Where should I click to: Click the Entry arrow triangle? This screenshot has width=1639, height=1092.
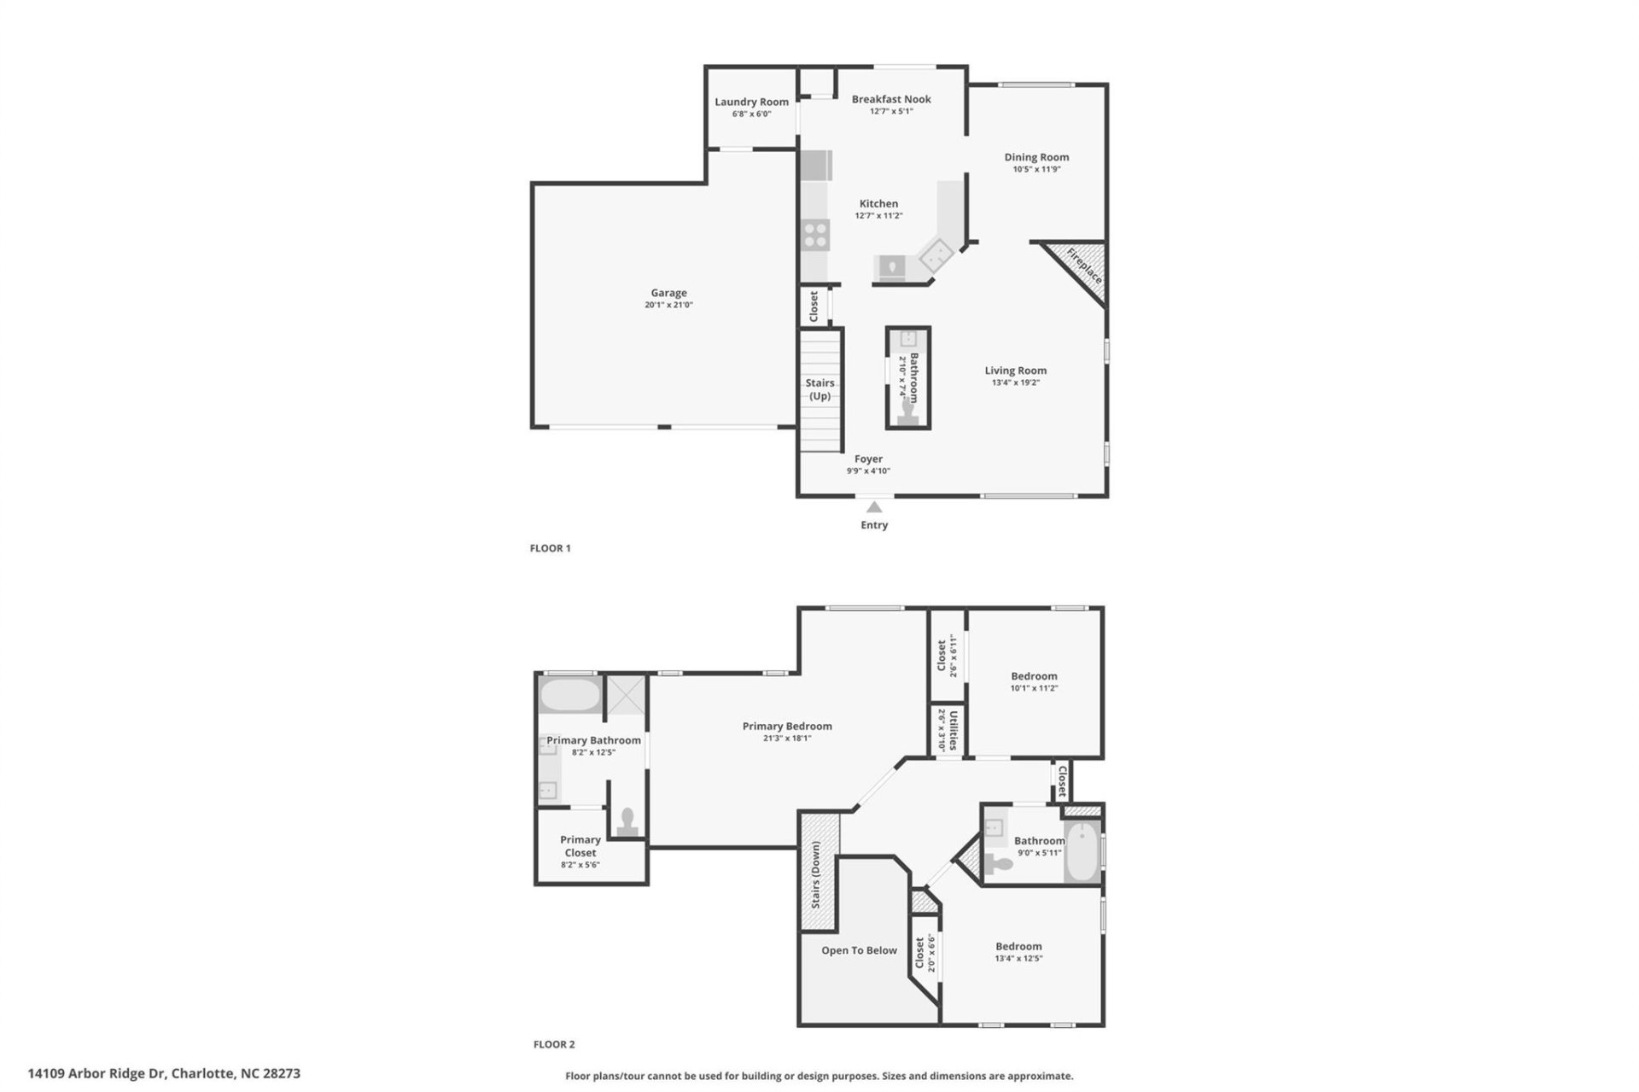pyautogui.click(x=873, y=507)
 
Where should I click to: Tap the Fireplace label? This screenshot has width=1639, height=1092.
pyautogui.click(x=1083, y=266)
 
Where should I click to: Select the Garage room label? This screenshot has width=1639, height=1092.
pyautogui.click(x=668, y=293)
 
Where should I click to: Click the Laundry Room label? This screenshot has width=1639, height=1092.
pyautogui.click(x=751, y=102)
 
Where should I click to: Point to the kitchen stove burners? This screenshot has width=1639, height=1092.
pyautogui.click(x=815, y=234)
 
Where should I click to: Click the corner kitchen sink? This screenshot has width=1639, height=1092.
pyautogui.click(x=935, y=253)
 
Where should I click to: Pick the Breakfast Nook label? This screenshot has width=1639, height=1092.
pyautogui.click(x=891, y=99)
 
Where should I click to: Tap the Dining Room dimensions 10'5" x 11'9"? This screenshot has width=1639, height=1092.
pyautogui.click(x=1036, y=169)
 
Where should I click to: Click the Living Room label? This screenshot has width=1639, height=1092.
pyautogui.click(x=1015, y=371)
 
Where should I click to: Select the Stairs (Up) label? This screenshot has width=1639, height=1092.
pyautogui.click(x=819, y=389)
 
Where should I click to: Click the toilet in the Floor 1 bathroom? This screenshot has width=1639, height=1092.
pyautogui.click(x=908, y=413)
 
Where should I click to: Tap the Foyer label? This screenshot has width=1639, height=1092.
pyautogui.click(x=868, y=458)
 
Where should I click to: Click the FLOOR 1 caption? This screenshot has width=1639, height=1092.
pyautogui.click(x=550, y=548)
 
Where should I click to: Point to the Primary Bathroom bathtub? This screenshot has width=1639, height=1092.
pyautogui.click(x=569, y=695)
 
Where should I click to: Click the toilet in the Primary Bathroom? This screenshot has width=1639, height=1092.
pyautogui.click(x=628, y=821)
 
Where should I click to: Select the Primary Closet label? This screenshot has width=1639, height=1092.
pyautogui.click(x=580, y=846)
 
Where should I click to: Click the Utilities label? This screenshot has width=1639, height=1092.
pyautogui.click(x=953, y=730)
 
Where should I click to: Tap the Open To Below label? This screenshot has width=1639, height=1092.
pyautogui.click(x=859, y=950)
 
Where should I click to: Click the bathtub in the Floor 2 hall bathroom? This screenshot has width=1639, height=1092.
pyautogui.click(x=1082, y=852)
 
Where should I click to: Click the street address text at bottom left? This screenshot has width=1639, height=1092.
pyautogui.click(x=164, y=1073)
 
